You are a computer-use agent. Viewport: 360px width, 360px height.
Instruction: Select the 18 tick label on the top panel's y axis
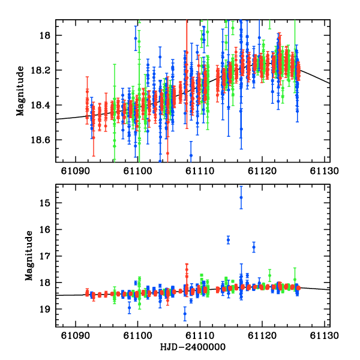point(48,36)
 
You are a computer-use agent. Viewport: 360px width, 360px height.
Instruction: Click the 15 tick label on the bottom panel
point(48,203)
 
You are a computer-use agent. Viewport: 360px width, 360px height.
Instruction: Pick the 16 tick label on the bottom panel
point(48,230)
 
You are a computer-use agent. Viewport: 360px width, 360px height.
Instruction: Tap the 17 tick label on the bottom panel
point(48,256)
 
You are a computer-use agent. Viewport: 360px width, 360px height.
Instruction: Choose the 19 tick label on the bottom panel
point(48,309)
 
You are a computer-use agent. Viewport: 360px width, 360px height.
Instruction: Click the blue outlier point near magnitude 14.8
point(241,197)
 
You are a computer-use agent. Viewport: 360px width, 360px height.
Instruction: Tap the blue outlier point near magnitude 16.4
point(228,240)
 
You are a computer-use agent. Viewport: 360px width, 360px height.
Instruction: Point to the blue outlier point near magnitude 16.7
point(254,247)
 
